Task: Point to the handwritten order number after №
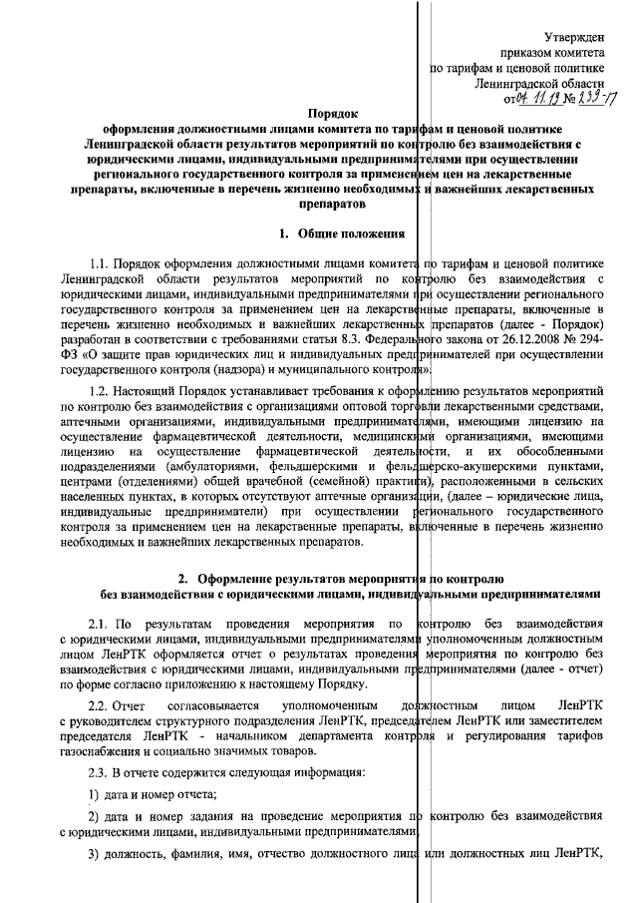[589, 99]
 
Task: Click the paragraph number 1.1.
[101, 263]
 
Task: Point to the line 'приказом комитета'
[551, 52]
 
